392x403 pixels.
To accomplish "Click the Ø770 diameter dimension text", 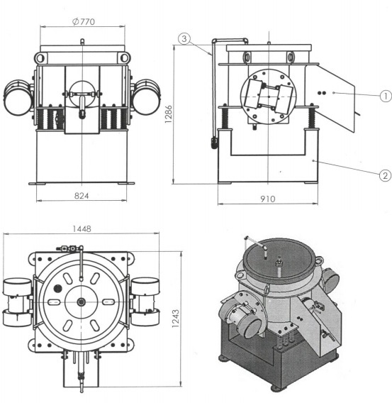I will (84, 21).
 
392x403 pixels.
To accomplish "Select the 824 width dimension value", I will (83, 193).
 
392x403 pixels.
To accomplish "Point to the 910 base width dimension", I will (269, 199).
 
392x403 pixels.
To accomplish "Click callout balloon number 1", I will (385, 95).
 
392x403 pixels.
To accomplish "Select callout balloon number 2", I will (385, 175).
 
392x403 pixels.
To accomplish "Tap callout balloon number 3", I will (184, 40).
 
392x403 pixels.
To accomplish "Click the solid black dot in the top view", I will (57, 289).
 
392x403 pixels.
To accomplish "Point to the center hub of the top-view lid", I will (82, 303).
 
